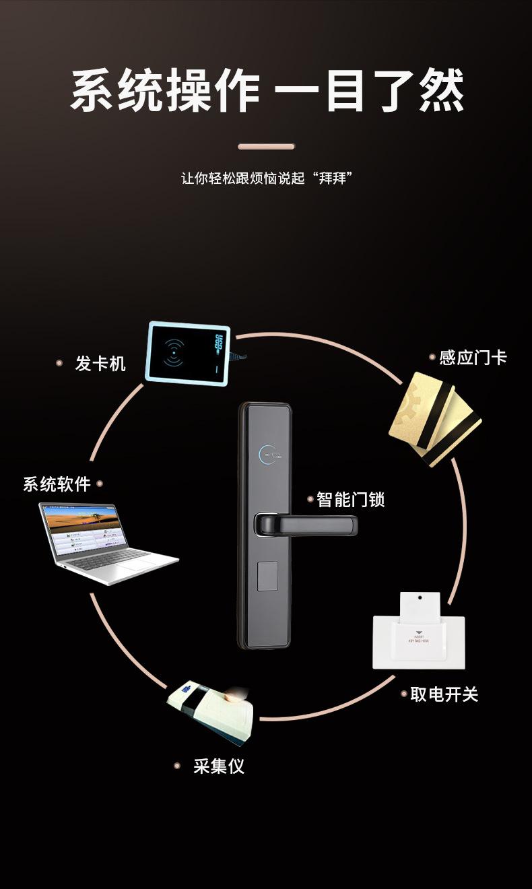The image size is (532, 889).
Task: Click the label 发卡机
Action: click(x=100, y=364)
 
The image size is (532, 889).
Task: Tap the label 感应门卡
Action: click(x=473, y=358)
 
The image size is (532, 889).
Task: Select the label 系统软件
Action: click(x=57, y=484)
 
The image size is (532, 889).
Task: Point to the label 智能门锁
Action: click(x=350, y=500)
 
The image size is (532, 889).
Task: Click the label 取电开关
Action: click(x=444, y=694)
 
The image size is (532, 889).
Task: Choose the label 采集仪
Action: click(x=218, y=766)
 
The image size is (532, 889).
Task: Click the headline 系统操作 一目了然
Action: click(x=267, y=91)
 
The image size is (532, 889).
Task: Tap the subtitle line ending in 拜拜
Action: click(x=267, y=178)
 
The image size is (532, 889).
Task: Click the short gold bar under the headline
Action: click(x=266, y=146)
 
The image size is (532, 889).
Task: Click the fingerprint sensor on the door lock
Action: click(x=267, y=577)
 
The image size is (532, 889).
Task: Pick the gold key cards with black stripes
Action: click(x=434, y=418)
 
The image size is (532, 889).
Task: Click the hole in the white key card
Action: click(x=419, y=597)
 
